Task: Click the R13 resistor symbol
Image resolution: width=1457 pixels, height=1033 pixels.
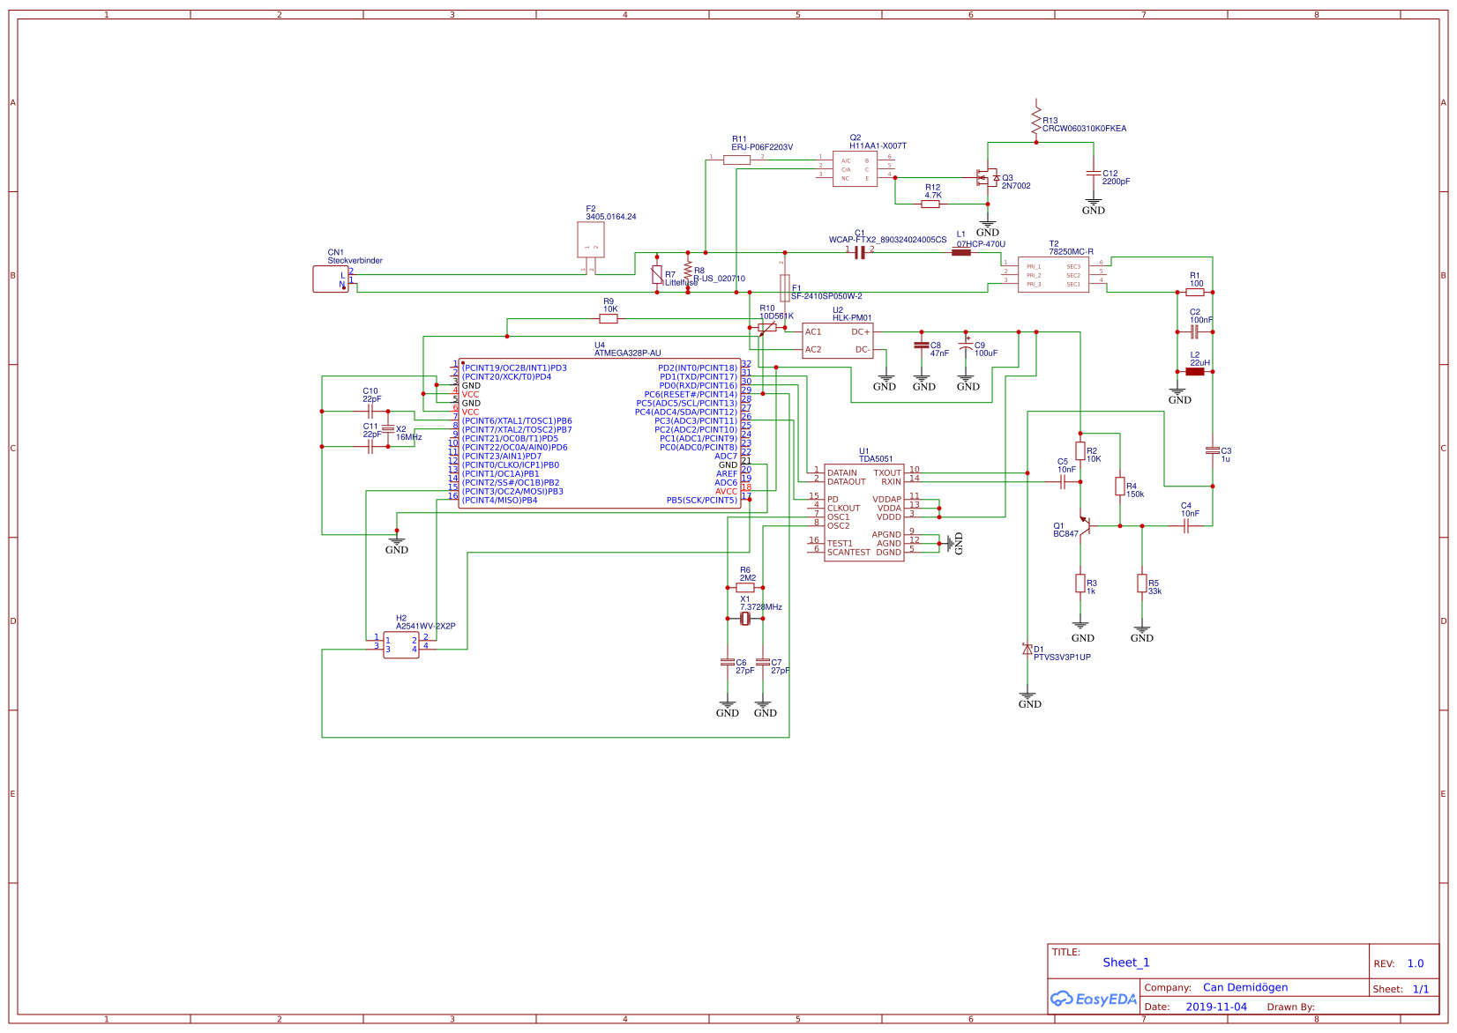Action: point(1036,121)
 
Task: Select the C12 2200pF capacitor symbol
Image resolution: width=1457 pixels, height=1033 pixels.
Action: point(1094,174)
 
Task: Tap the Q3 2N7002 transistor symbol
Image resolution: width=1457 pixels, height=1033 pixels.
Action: point(987,178)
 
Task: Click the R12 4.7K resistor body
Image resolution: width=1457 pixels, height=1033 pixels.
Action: point(930,204)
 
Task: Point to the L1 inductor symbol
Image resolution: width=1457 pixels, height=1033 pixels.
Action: point(961,252)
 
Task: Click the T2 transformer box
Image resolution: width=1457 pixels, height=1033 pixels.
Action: point(1053,275)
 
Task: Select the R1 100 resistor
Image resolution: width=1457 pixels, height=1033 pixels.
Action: point(1195,292)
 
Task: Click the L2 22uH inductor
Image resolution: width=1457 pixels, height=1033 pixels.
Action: point(1195,372)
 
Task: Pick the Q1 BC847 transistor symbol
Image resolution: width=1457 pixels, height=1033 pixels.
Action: point(1086,526)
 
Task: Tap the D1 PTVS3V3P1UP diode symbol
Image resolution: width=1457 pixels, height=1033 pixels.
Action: point(1027,650)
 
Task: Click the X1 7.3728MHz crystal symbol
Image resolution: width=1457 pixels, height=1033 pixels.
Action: point(745,619)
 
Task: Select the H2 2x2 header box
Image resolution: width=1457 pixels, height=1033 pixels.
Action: point(401,645)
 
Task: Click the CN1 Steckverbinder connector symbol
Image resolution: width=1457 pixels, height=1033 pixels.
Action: point(331,279)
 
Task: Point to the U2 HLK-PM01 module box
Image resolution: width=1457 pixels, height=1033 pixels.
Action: point(838,341)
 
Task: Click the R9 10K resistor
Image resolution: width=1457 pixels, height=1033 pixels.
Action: point(609,319)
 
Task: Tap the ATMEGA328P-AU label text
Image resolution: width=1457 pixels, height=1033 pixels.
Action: point(627,353)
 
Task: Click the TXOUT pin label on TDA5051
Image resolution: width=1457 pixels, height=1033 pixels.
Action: point(887,473)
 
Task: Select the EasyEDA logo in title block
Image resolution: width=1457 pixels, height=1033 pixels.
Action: point(1094,1000)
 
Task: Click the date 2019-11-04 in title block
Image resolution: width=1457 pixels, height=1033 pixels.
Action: point(1216,1007)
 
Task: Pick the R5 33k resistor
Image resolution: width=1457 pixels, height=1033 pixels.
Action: point(1142,583)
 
